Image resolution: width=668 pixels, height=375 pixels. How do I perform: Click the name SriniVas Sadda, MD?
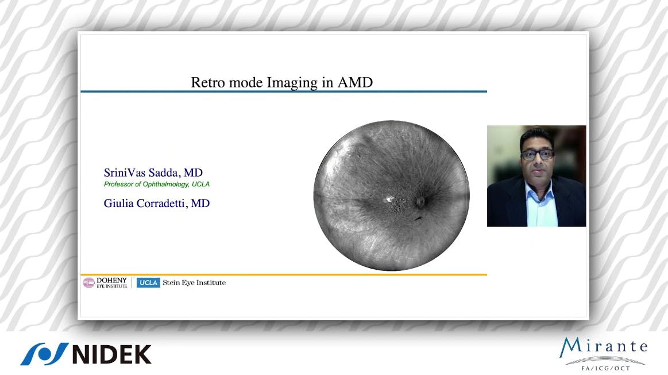153,173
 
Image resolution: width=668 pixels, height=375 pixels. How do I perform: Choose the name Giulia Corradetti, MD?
156,203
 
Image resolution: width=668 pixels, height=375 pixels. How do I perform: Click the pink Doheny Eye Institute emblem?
89,282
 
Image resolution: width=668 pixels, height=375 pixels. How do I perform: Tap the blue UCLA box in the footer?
148,282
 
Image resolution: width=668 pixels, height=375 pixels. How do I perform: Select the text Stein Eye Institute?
194,282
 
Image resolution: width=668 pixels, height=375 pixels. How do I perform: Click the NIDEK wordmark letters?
111,354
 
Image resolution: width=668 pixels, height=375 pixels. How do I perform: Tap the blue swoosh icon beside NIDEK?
44,354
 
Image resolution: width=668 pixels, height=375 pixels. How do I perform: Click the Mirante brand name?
603,347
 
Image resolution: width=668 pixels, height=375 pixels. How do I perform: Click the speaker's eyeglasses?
537,154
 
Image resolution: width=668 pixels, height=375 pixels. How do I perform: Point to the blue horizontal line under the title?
283,91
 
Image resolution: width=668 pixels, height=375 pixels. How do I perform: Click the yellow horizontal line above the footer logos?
283,274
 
